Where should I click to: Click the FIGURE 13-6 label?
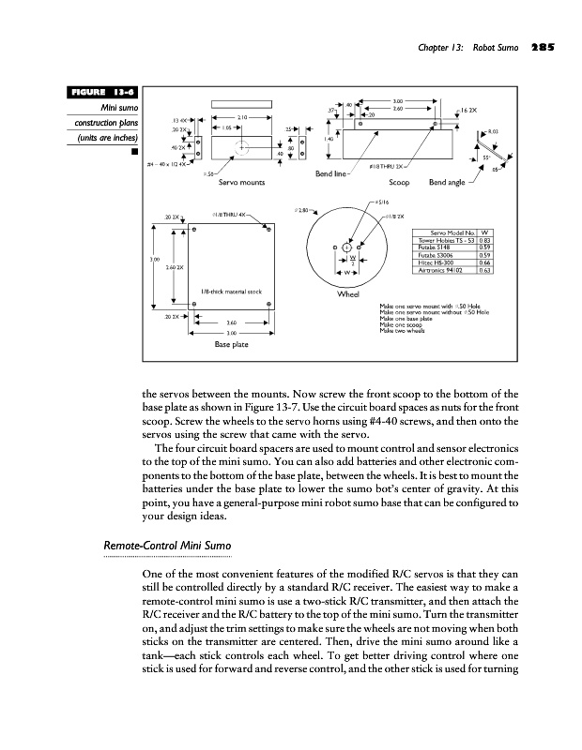pyautogui.click(x=102, y=92)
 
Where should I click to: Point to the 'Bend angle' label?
pyautogui.click(x=449, y=182)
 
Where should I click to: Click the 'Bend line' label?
pyautogui.click(x=334, y=174)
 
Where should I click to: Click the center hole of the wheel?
pyautogui.click(x=347, y=247)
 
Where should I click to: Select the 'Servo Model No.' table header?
pyautogui.click(x=452, y=231)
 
